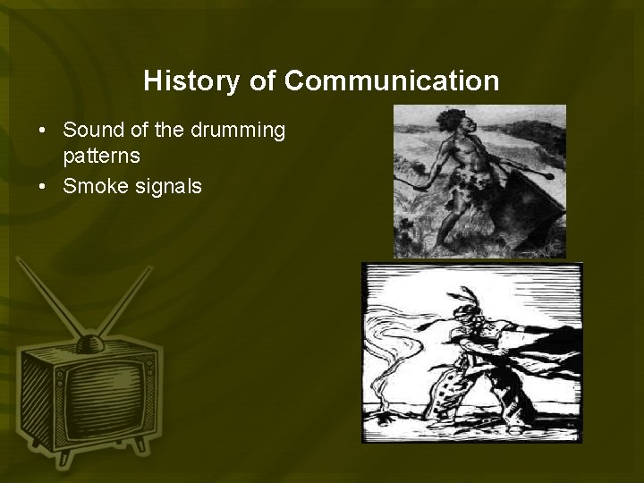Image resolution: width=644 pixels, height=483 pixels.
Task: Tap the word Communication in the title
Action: point(392,81)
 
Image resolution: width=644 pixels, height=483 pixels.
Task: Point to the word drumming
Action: point(237,131)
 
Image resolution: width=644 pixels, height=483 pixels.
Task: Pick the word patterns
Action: point(100,157)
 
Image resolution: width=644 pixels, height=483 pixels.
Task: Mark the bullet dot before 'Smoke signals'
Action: point(42,187)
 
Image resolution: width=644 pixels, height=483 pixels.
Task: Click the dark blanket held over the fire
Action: point(537,358)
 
